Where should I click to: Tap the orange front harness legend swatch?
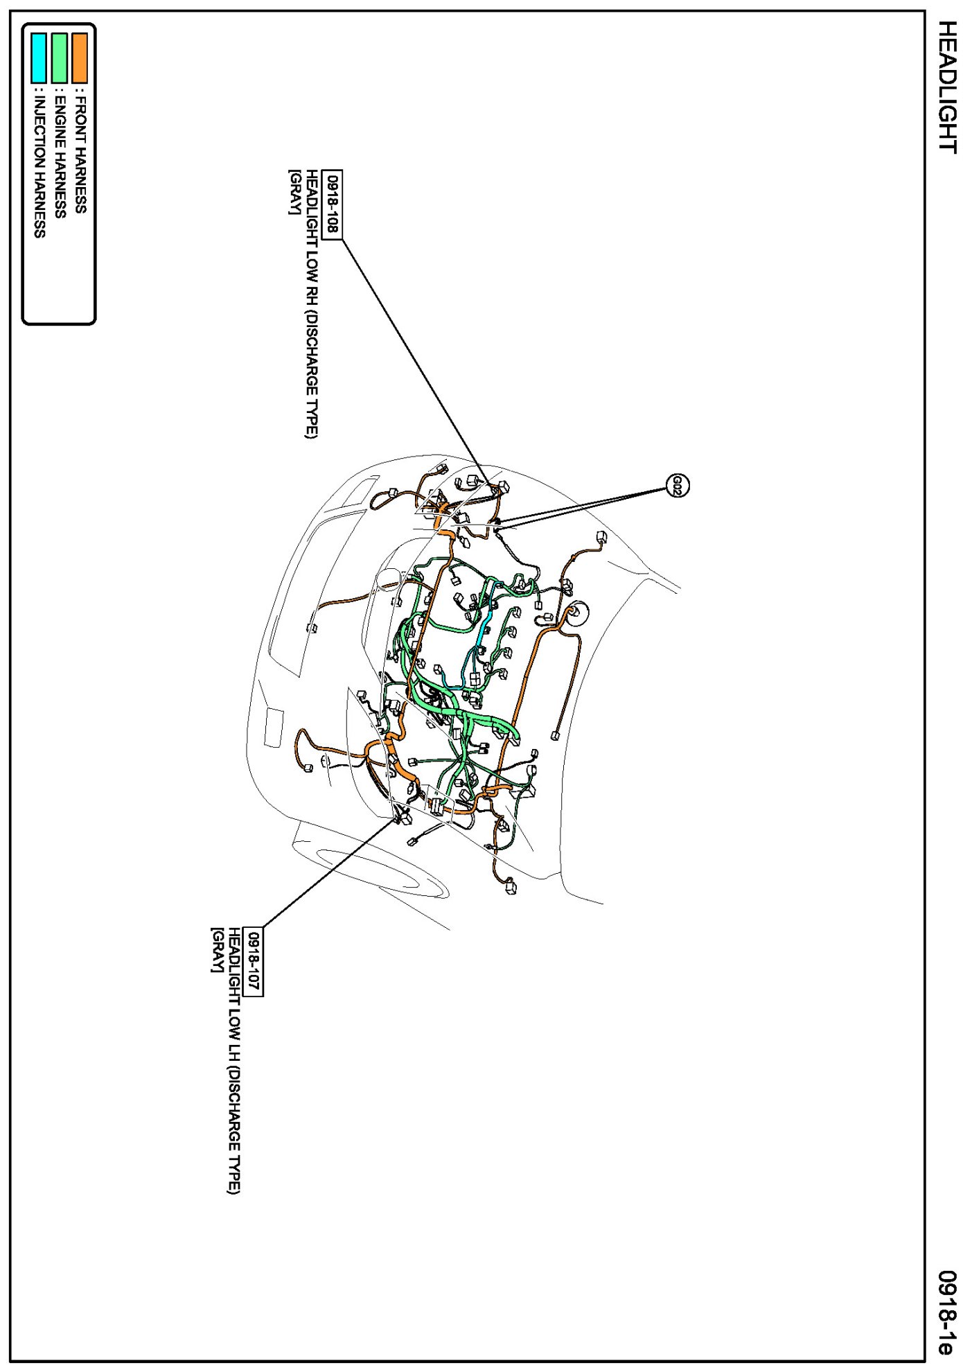coord(80,58)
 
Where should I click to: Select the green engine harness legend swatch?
coord(60,58)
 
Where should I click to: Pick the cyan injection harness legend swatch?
coord(39,58)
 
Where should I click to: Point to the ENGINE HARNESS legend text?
coord(60,153)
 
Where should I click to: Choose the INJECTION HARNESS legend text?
coord(39,163)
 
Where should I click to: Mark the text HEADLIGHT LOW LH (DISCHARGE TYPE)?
coord(235,1060)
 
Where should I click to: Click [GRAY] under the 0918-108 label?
coord(294,192)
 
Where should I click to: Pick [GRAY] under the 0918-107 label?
coord(217,949)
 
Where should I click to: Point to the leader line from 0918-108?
coord(416,360)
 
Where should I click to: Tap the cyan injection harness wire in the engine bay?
coord(485,624)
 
